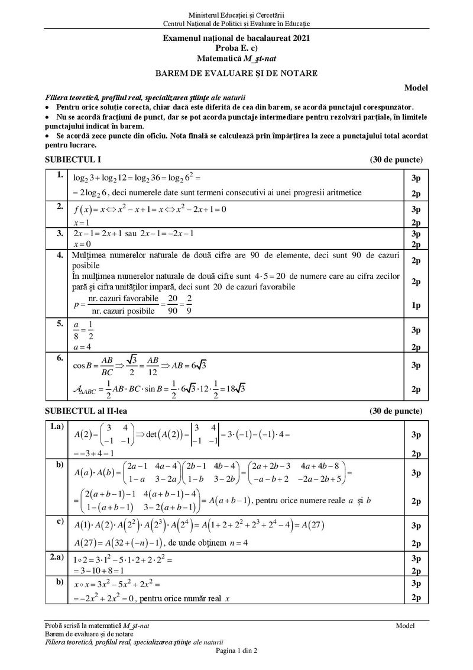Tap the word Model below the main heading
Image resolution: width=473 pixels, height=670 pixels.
(x=416, y=88)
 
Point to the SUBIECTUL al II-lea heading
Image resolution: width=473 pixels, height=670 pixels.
(x=86, y=410)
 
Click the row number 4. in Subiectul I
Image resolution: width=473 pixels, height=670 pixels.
(x=59, y=256)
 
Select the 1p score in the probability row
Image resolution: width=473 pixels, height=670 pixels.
(x=415, y=305)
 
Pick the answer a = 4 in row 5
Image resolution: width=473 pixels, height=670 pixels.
(x=80, y=346)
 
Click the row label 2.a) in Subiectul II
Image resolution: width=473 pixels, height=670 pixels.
(x=57, y=557)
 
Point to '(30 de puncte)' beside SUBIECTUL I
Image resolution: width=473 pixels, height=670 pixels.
(x=396, y=160)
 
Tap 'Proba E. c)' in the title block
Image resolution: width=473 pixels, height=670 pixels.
(x=236, y=47)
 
